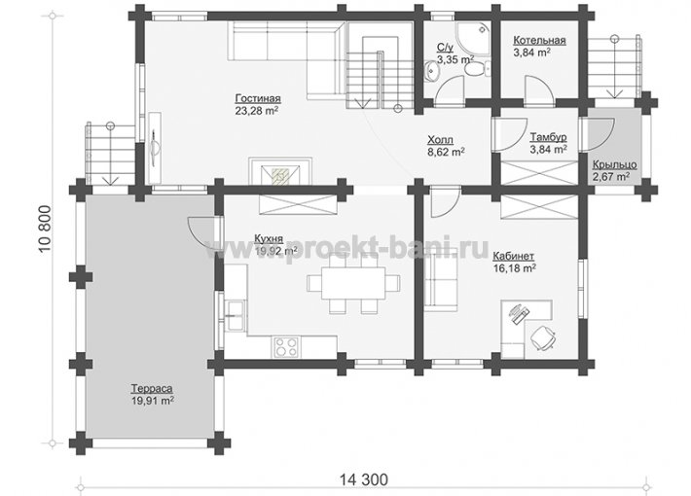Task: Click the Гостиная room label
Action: [x=258, y=98]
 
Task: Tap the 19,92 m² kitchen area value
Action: [x=275, y=251]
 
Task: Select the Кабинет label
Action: [x=514, y=256]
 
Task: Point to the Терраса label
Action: [x=152, y=389]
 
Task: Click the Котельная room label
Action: [x=539, y=41]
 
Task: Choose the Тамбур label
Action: [x=548, y=137]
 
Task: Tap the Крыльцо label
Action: [x=614, y=164]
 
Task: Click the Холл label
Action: [x=440, y=140]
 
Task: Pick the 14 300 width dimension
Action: [x=364, y=478]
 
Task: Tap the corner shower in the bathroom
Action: [x=472, y=39]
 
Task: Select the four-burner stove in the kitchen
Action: [x=286, y=346]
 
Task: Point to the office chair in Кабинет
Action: [x=543, y=337]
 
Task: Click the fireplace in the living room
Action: [x=280, y=171]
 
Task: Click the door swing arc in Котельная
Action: [x=540, y=89]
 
